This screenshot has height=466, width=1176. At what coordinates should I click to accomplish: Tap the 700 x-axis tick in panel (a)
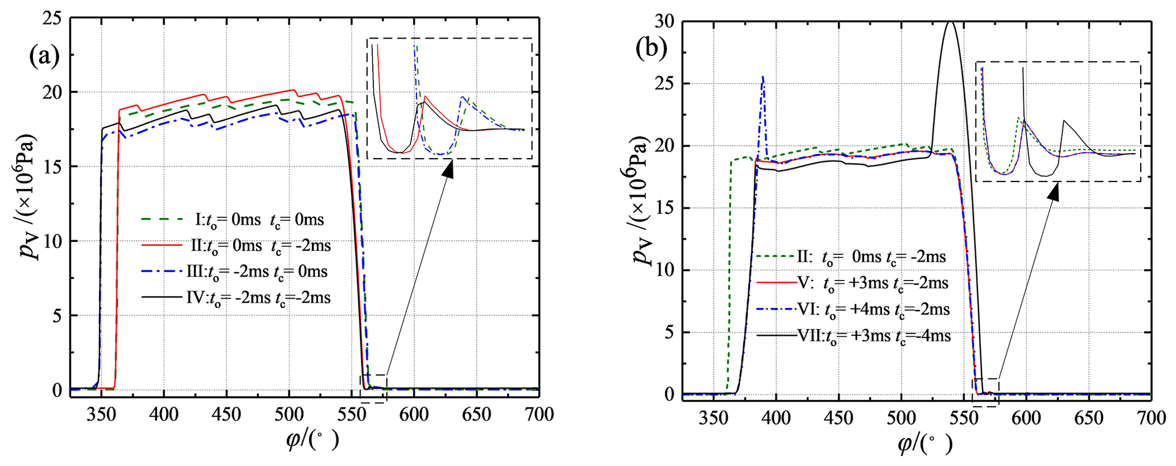pos(538,414)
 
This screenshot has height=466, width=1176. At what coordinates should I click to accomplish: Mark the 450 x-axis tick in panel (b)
pos(838,418)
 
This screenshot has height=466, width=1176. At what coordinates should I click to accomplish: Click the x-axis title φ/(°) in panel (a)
pos(312,440)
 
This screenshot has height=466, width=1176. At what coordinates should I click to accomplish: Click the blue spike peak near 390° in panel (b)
pos(763,77)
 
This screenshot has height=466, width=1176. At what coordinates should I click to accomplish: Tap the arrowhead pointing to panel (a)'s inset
pos(449,168)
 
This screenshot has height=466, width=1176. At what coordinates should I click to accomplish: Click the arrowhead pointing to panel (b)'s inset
pos(1054,192)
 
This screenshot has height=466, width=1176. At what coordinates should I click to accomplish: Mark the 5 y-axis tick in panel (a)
pos(57,316)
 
